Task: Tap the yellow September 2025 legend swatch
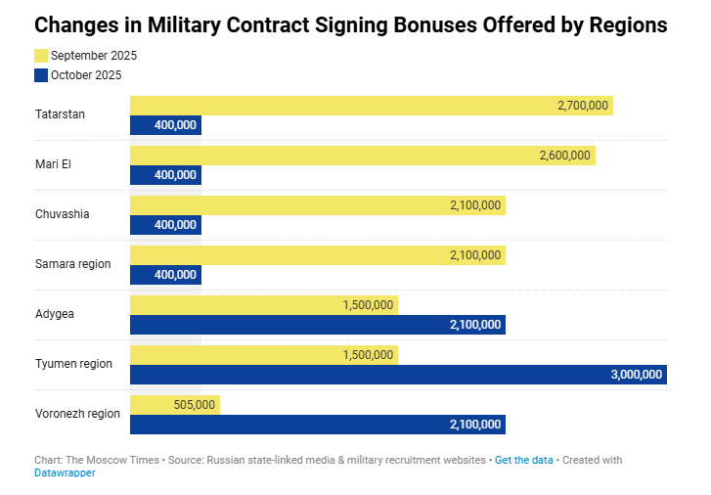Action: pos(40,56)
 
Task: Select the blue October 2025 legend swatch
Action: pos(40,74)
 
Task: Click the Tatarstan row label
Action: pos(60,114)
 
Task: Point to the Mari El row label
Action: pos(53,164)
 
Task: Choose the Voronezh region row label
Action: pos(77,413)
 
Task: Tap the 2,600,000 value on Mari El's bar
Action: pos(564,156)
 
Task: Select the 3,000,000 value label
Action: pos(637,374)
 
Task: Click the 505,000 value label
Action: pos(194,404)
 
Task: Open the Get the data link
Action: pos(524,460)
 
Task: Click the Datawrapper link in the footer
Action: pos(65,473)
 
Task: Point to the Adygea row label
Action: pos(55,314)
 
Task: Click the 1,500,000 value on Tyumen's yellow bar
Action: pos(368,354)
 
